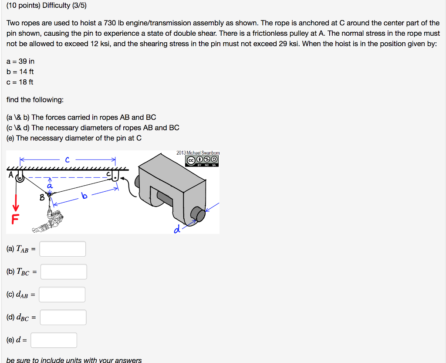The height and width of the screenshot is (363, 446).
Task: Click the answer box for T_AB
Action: pos(63,249)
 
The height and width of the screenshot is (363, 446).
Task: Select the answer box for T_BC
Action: pos(64,271)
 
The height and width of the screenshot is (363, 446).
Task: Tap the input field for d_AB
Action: pos(62,295)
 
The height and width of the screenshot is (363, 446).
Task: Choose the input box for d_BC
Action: pos(63,317)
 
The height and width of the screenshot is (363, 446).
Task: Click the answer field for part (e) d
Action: pos(54,340)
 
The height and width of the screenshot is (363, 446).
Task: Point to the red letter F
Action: pos(15,219)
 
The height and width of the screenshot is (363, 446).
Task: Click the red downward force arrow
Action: pos(16,203)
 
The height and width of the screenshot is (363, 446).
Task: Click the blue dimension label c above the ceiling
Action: pos(67,160)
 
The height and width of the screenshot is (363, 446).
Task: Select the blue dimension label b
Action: pos(84,195)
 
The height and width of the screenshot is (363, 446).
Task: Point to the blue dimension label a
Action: pos(50,186)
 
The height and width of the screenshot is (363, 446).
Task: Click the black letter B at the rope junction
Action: pos(42,197)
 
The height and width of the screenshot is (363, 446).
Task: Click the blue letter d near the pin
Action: pos(177,229)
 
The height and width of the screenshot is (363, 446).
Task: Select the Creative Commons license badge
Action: pos(202,161)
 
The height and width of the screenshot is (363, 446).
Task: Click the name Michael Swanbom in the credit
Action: pos(203,153)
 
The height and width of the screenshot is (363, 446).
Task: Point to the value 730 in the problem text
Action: pos(110,23)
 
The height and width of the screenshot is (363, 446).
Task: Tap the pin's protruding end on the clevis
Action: pos(198,214)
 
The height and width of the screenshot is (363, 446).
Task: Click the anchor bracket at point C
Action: pos(115,176)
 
